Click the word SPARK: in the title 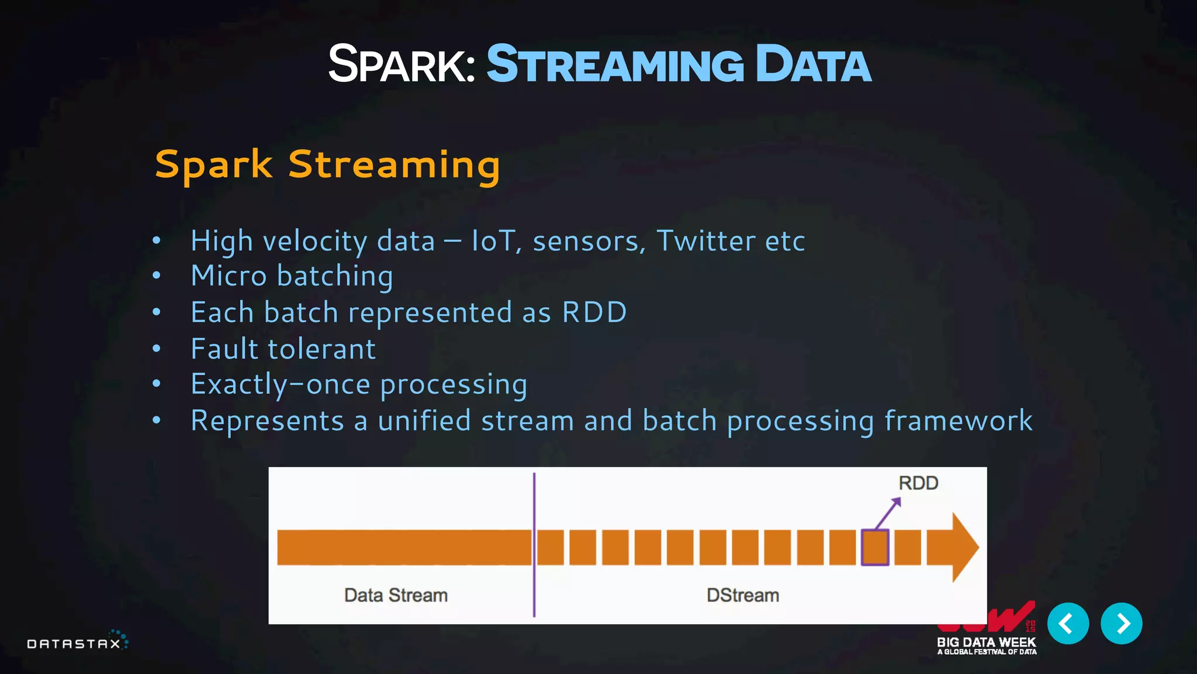[x=402, y=64]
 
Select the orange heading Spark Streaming [x=327, y=165]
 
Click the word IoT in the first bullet [x=493, y=241]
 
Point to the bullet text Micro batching [x=292, y=276]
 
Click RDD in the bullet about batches [x=594, y=312]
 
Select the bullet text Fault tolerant [x=283, y=349]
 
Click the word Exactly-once [x=281, y=385]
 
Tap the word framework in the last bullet [x=959, y=421]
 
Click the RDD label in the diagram [x=918, y=483]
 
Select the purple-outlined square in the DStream [x=875, y=548]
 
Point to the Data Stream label [x=396, y=596]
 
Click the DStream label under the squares [x=742, y=596]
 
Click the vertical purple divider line [x=534, y=544]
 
